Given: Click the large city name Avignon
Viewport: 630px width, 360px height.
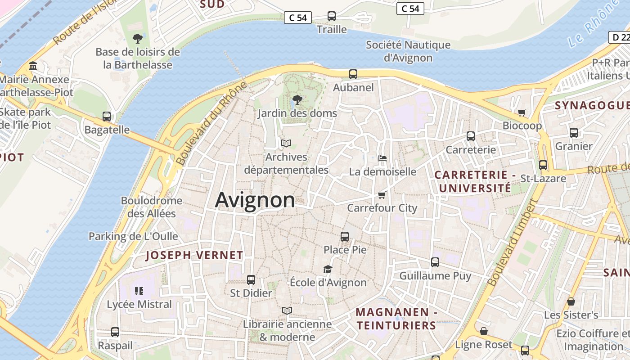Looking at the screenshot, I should click(255, 200).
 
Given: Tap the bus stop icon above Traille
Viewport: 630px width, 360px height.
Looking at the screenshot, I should click(332, 16).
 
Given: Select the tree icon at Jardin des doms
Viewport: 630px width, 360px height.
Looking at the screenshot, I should click(297, 99).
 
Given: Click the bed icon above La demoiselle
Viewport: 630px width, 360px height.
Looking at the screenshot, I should click(382, 158).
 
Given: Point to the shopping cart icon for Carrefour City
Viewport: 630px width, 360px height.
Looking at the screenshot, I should click(382, 195).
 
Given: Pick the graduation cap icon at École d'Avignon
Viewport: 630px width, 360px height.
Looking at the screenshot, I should click(328, 269).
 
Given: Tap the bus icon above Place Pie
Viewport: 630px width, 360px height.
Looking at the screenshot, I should click(345, 236).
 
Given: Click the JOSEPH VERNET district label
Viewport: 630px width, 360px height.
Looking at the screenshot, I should click(194, 256).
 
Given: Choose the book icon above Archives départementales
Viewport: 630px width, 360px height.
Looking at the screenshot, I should click(286, 144).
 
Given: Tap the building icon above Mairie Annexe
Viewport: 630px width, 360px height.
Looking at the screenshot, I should click(33, 66).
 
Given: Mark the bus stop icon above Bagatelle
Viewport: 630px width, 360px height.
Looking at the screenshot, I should click(107, 117).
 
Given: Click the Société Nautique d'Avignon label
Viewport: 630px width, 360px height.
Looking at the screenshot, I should click(408, 51).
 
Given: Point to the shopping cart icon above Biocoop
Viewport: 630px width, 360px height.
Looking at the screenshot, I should click(522, 112).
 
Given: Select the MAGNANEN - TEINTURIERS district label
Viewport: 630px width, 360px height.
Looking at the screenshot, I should click(396, 319).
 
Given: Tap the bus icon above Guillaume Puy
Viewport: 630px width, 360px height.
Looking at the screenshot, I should click(435, 262).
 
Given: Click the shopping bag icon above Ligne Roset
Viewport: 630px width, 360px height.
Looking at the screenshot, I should click(484, 331).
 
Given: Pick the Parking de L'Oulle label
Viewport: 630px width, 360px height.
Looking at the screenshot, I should click(133, 236).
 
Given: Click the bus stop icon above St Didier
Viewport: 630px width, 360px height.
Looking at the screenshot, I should click(251, 280).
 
